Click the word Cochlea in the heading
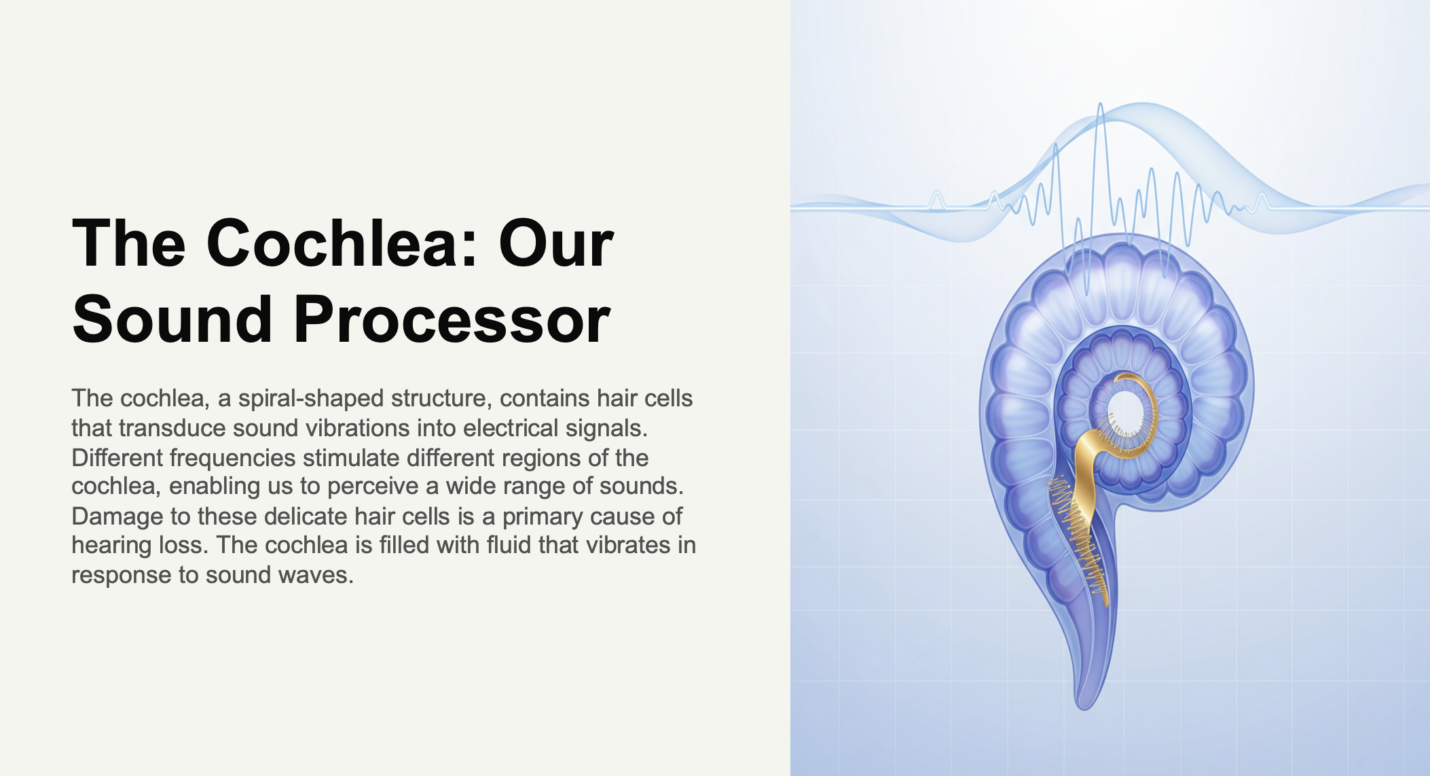point(333,243)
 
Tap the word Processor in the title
point(452,319)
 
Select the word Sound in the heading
point(172,319)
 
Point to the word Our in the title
point(556,243)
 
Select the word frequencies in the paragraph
point(232,458)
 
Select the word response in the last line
point(121,575)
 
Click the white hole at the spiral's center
point(1126,410)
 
